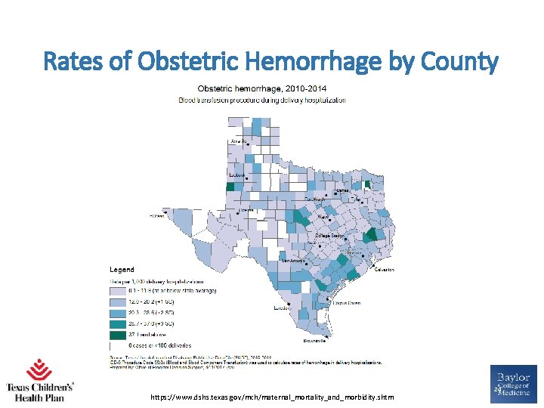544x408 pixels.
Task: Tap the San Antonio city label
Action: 294,261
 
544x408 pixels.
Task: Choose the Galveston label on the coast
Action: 384,269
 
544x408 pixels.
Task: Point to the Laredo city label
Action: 282,308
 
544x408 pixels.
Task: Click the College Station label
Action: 329,236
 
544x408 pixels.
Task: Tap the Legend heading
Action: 122,270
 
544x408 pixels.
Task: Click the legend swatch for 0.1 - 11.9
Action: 117,290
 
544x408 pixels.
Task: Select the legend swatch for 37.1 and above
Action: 117,333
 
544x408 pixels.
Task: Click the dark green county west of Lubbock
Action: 230,187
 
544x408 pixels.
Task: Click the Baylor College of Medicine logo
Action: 514,385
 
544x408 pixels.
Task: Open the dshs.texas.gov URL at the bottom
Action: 272,397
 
